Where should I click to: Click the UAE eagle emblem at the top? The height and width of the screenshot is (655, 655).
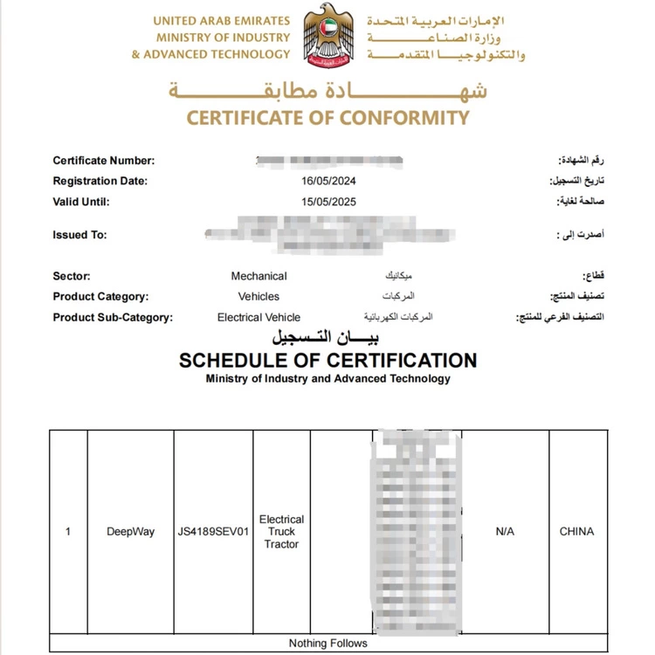(x=327, y=39)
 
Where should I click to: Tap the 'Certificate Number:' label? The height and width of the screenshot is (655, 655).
(x=103, y=161)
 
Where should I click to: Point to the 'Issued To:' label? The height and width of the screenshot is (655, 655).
(x=79, y=235)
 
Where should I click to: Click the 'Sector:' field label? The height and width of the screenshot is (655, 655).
(x=72, y=276)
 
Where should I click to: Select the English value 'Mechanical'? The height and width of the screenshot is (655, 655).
(x=259, y=276)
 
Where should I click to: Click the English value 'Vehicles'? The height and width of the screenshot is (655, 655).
(x=259, y=297)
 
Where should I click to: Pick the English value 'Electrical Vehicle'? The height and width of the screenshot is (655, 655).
(x=259, y=318)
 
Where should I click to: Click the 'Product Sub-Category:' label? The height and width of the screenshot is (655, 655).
(x=113, y=318)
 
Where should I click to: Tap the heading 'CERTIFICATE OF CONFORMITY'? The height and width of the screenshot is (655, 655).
(x=328, y=118)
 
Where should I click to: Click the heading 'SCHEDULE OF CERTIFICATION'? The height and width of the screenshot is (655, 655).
(x=327, y=361)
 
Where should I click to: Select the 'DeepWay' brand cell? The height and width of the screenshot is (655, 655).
(x=130, y=531)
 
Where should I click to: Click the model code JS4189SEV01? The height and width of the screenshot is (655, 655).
(x=213, y=531)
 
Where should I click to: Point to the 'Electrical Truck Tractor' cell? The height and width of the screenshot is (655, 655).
(x=281, y=531)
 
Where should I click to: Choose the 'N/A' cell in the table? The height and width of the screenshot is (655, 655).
(x=505, y=531)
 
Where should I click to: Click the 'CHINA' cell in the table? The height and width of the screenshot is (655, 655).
(x=576, y=531)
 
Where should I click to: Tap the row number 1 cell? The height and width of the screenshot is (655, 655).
(x=68, y=531)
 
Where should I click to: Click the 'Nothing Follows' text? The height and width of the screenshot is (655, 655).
(x=327, y=644)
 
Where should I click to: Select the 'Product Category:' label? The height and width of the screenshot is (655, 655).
(x=100, y=297)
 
